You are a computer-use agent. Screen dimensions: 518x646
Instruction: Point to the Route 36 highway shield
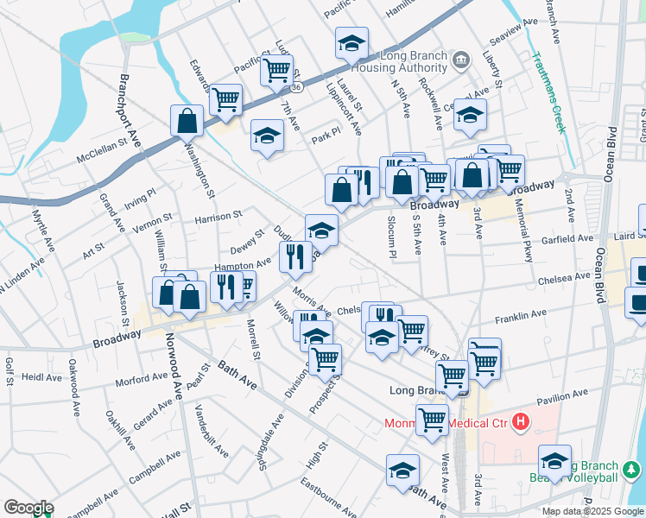pos(296,87)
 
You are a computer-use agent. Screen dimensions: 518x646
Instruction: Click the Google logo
pos(28,508)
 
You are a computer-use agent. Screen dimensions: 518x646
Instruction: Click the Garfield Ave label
pos(568,237)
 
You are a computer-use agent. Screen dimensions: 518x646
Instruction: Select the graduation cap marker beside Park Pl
pos(268,135)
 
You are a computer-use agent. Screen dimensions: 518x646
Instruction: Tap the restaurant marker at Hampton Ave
pos(295,256)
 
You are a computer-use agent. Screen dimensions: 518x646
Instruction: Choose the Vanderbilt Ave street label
pos(212,431)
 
